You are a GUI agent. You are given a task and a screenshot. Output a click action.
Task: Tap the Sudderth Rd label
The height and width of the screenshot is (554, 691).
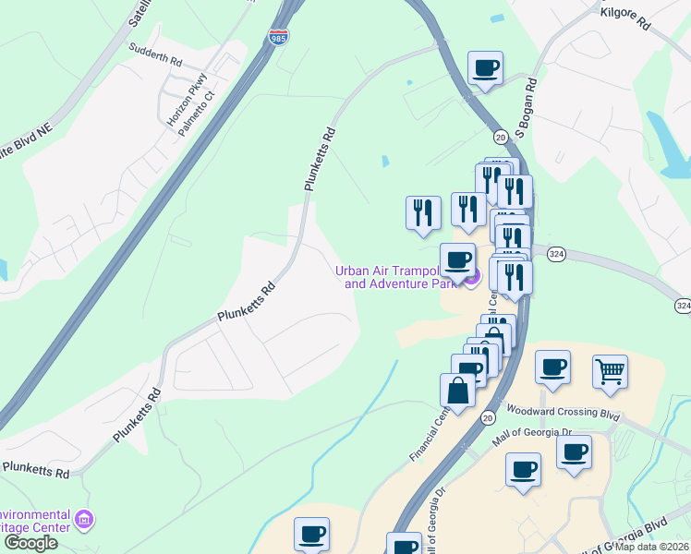point(155,52)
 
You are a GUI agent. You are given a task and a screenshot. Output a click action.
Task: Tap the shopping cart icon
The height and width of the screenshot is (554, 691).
point(610,371)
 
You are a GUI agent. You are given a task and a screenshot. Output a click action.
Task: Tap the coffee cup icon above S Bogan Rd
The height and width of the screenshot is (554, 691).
point(486,66)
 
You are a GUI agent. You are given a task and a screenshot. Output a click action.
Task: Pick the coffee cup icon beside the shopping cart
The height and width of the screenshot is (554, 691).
point(552,367)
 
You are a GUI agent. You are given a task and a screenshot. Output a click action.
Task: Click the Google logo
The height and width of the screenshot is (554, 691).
point(30,543)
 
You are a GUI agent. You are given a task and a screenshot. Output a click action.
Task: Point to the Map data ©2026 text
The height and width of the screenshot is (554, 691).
point(652,547)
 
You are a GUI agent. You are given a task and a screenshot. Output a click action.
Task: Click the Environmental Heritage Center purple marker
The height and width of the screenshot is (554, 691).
point(85,521)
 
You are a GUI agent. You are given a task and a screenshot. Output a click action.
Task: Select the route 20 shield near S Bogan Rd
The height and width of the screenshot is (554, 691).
point(500,137)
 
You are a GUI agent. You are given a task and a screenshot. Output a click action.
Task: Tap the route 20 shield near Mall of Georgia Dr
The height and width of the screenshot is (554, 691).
point(487,418)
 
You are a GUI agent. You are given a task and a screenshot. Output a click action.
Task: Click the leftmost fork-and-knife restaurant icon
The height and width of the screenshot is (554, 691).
point(423,211)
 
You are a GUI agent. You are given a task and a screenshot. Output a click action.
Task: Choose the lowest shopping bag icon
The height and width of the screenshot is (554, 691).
point(459,390)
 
